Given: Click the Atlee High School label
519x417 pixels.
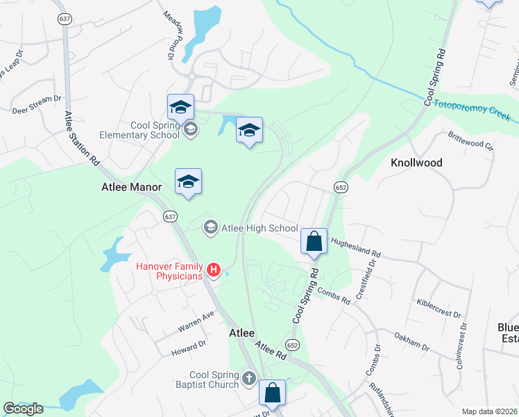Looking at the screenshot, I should click(259, 228).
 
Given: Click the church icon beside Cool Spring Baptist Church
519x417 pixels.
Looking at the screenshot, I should click(250, 380).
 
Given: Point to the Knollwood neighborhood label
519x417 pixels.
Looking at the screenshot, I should click(416, 163).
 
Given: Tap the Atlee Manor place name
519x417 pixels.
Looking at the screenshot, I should click(131, 187).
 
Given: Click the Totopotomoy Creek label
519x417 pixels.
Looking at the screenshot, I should click(472, 110).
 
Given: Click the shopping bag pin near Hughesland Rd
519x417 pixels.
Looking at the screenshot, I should click(314, 242).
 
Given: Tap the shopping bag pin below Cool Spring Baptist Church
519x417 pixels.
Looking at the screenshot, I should click(273, 392).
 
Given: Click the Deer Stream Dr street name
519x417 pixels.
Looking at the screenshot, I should click(37, 105).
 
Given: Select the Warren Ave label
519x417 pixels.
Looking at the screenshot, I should click(195, 320).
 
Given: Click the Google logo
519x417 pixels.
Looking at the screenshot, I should click(23, 409).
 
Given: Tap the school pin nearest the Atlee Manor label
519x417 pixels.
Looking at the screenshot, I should click(188, 183).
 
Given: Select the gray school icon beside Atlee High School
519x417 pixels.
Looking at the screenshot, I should click(210, 227).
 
